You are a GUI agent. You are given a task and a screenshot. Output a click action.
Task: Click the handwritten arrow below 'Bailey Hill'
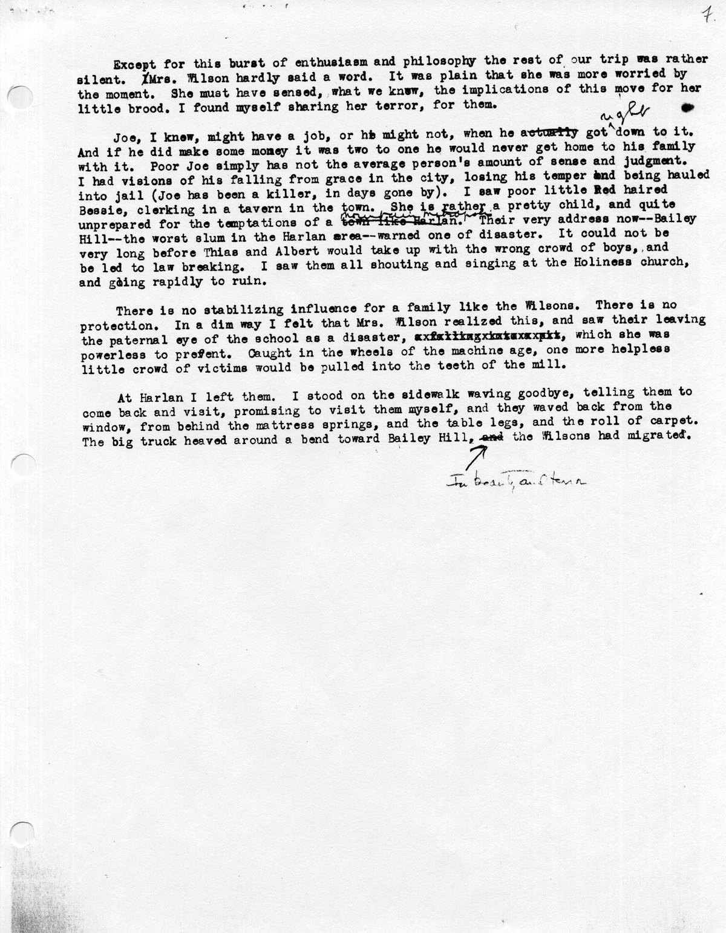tap(478, 453)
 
